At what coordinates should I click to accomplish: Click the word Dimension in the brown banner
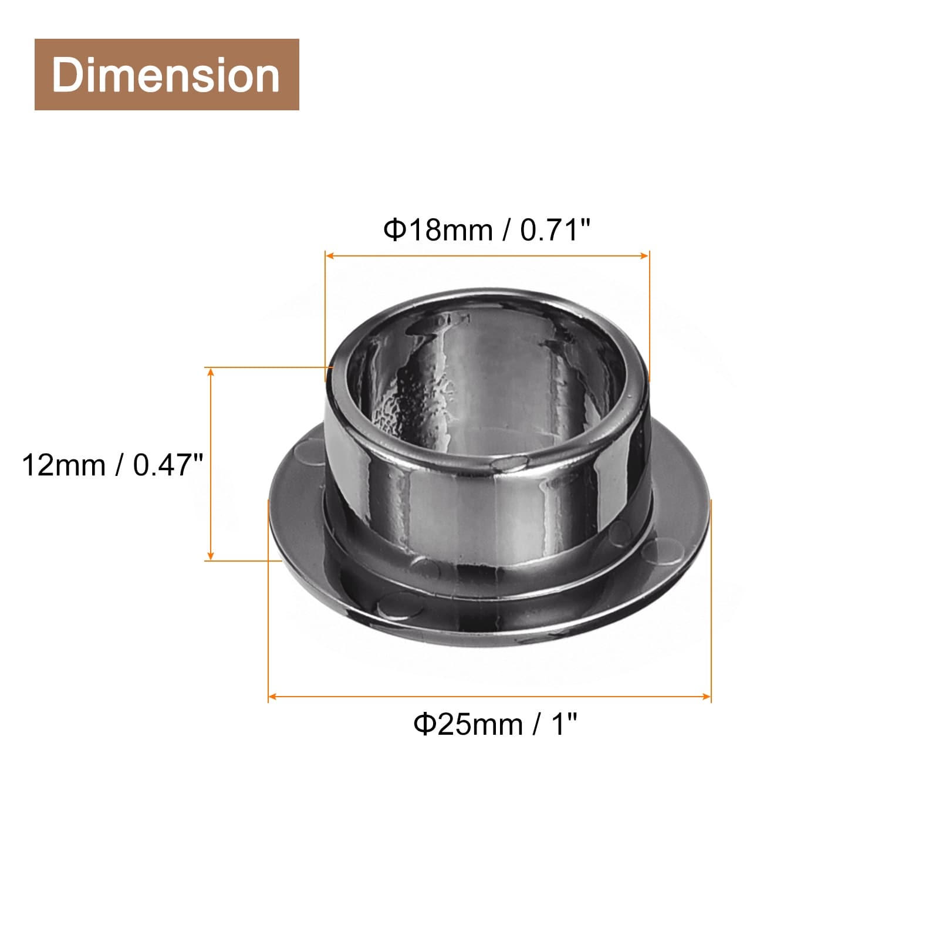tap(166, 76)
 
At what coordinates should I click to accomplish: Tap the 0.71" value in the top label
tap(554, 229)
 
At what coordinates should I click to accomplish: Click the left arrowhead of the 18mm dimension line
tap(330, 255)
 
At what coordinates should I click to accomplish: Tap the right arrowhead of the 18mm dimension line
tap(645, 255)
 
